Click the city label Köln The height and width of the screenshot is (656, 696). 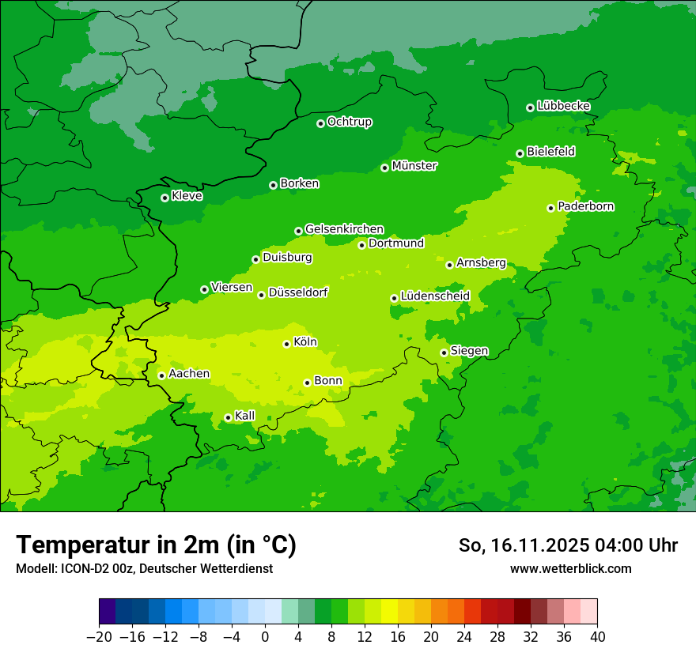[x=305, y=342]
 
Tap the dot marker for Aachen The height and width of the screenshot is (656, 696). [x=161, y=375]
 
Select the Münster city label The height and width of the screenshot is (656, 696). [x=414, y=166]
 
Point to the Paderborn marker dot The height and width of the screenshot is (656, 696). [x=550, y=208]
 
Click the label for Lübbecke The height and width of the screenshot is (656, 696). [x=563, y=106]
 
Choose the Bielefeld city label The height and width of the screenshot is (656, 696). [x=550, y=152]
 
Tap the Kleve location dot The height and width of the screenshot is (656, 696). [x=165, y=198]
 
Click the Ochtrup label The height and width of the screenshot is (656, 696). [x=349, y=122]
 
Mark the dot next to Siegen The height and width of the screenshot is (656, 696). [x=444, y=353]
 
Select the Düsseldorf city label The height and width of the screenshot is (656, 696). [x=297, y=292]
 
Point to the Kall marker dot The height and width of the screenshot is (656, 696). [x=228, y=417]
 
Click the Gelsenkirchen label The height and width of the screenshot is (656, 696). [x=344, y=229]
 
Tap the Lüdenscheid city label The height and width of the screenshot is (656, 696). [x=435, y=296]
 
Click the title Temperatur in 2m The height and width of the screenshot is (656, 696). [x=156, y=545]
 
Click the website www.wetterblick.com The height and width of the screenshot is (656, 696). [x=570, y=568]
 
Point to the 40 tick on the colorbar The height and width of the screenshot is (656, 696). [x=597, y=636]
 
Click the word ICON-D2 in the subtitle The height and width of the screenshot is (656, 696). [x=79, y=568]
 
